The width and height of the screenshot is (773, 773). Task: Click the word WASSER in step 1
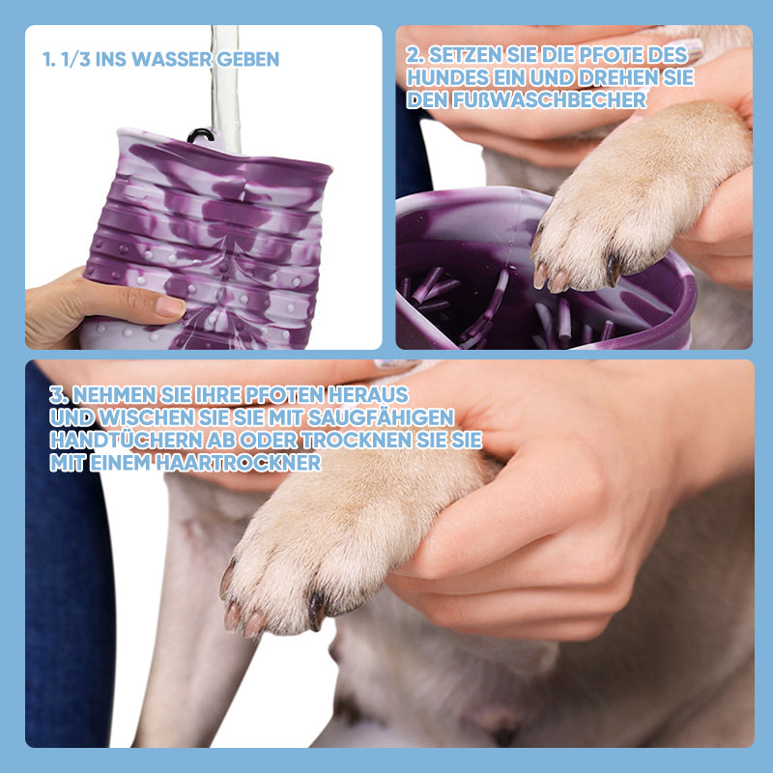click(x=172, y=59)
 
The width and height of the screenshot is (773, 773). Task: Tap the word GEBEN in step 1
click(x=247, y=59)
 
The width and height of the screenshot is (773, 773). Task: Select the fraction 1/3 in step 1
click(x=76, y=59)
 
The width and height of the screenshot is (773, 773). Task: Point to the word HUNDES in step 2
click(x=440, y=77)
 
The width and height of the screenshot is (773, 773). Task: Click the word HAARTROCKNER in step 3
click(x=239, y=463)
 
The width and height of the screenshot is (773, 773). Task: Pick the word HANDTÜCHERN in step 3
click(x=127, y=441)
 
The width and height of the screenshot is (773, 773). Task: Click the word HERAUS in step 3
click(x=368, y=395)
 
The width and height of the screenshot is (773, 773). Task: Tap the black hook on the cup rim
click(x=200, y=134)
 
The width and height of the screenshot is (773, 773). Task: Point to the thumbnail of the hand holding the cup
click(x=170, y=306)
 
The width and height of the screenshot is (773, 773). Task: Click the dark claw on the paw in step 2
click(x=613, y=270)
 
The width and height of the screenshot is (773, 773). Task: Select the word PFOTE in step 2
click(x=613, y=55)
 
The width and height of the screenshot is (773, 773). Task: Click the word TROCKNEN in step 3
click(x=357, y=441)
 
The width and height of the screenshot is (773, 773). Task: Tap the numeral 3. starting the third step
click(x=59, y=395)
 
